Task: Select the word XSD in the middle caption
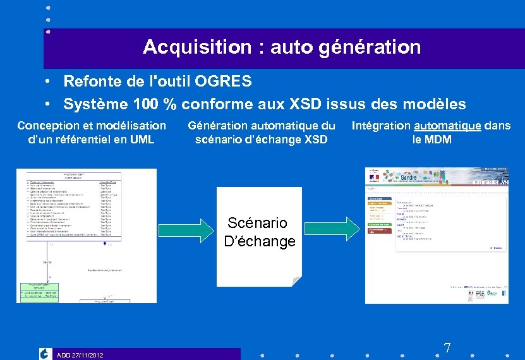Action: (315, 140)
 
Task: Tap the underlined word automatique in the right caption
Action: (447, 126)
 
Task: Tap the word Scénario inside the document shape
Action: (257, 223)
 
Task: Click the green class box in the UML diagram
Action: (39, 291)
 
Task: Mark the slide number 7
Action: (447, 348)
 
